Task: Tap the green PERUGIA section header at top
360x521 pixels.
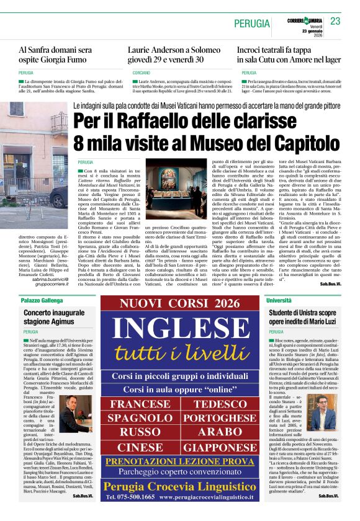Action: (x=251, y=24)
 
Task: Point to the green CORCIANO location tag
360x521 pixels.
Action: (x=141, y=73)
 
